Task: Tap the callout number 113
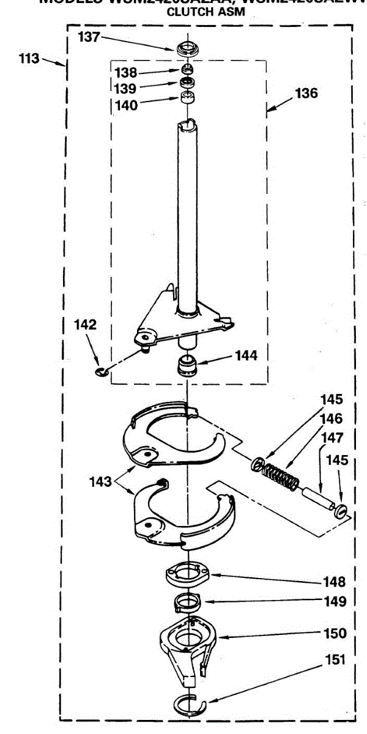point(29,59)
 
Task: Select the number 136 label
point(306,94)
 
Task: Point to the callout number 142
point(86,325)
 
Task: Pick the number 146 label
point(330,419)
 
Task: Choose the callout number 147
point(330,438)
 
